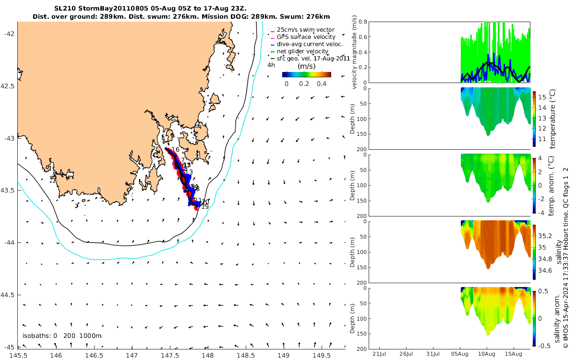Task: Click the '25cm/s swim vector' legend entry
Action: (x=309, y=30)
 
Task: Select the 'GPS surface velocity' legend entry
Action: (x=309, y=37)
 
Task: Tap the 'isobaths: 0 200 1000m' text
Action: (x=62, y=336)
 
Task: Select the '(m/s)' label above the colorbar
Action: (x=306, y=66)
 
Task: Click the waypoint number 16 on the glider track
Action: (x=175, y=150)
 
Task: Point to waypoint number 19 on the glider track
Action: (x=205, y=207)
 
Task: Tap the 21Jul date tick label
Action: (x=380, y=354)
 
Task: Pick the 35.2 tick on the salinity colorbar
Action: (x=546, y=236)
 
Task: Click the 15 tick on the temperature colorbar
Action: (x=543, y=97)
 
